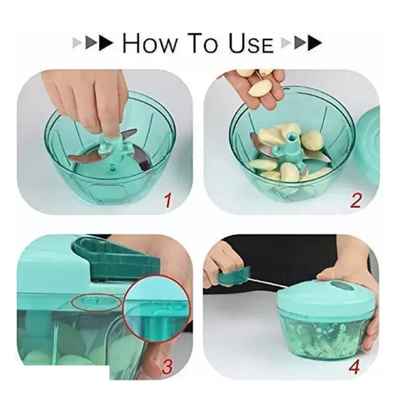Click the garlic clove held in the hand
258,88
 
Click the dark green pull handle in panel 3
117,258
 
